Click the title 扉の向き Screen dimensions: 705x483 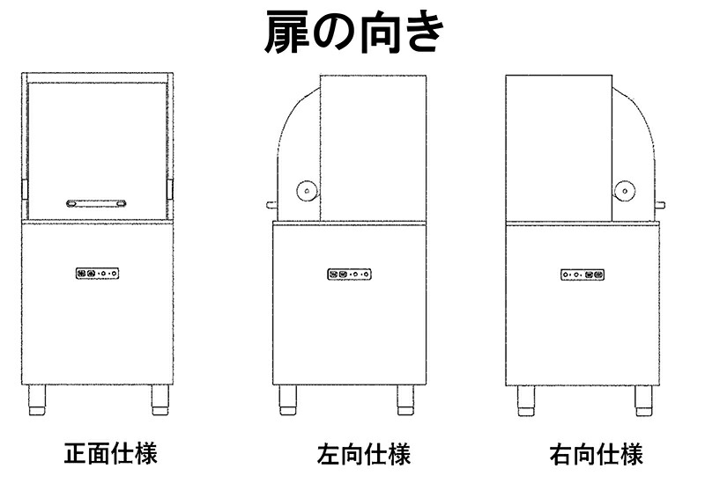coord(354,33)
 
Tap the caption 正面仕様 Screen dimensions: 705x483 coord(111,454)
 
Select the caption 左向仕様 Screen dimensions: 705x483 coord(364,454)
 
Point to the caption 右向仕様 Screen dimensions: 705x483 coord(596,454)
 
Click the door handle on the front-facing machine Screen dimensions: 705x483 coord(96,203)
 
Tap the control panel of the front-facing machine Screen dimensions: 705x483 coord(98,273)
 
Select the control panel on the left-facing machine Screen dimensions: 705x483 coord(349,274)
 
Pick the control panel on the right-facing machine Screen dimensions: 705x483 coord(583,274)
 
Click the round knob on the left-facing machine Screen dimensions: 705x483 coord(307,191)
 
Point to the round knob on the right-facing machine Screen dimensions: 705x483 coord(625,191)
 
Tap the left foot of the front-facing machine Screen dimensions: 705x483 coord(37,400)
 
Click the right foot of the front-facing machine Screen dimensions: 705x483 coord(160,400)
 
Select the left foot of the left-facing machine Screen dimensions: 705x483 coord(287,400)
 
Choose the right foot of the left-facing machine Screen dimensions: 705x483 coord(405,400)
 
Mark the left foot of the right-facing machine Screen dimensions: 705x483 coord(525,401)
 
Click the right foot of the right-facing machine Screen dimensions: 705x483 coord(643,401)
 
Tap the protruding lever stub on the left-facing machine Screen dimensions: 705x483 coord(271,206)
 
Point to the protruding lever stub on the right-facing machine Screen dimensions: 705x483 coord(660,206)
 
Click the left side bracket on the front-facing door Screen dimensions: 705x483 coord(26,189)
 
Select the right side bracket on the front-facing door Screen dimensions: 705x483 coord(169,189)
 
